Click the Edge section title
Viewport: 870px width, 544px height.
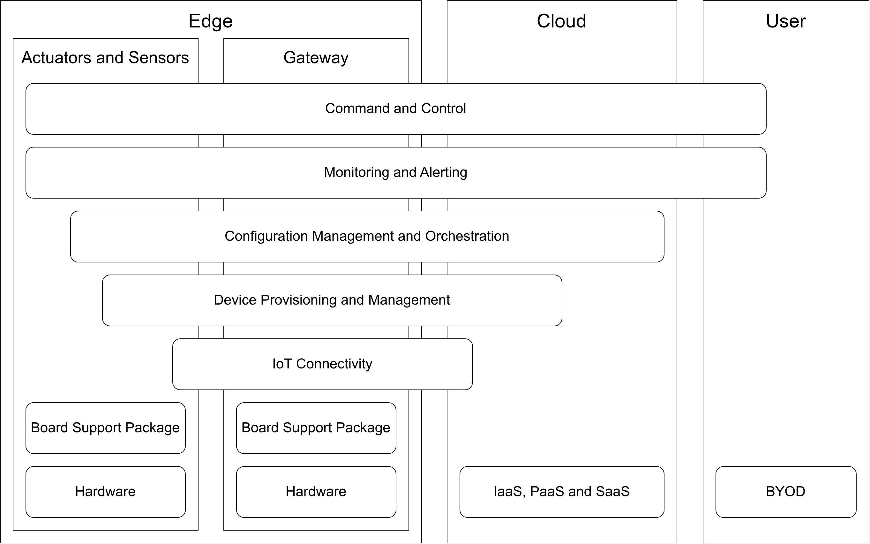pos(210,21)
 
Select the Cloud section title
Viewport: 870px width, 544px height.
pos(561,21)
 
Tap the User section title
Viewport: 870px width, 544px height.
pos(785,21)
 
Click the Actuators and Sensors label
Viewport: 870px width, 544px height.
pos(105,57)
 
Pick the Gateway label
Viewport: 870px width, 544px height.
pos(316,57)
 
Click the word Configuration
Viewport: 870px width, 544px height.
pos(266,236)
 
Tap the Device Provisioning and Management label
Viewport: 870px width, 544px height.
pos(332,300)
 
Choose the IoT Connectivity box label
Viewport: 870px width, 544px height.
pos(322,364)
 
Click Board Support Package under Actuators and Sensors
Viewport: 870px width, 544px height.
pos(105,428)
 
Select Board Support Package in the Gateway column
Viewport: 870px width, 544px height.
pos(316,428)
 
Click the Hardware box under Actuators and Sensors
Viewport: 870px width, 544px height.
pos(105,491)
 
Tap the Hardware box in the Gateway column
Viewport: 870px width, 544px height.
pos(316,491)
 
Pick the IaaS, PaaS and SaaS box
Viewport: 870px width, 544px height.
pos(561,491)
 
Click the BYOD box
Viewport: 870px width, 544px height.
pos(785,491)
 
